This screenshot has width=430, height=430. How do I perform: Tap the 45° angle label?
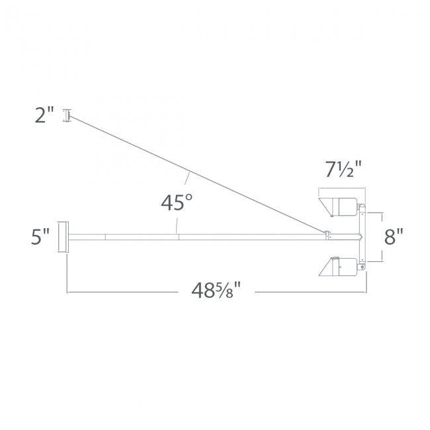[177, 202]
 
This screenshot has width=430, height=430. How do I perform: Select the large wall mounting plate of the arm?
[63, 236]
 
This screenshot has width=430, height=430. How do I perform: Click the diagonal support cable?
[192, 173]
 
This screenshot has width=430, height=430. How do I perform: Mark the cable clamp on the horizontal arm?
[327, 232]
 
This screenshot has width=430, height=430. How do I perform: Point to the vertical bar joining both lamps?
[361, 236]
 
